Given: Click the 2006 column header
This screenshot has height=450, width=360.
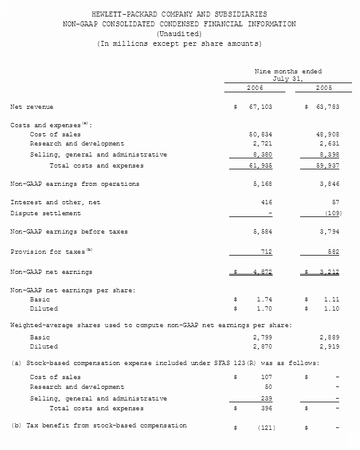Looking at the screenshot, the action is (x=255, y=88).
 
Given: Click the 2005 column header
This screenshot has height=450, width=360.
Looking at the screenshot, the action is (x=324, y=88).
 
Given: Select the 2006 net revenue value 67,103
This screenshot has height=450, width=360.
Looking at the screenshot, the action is (x=259, y=107).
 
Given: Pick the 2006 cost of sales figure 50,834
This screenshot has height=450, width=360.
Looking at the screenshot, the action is (x=259, y=134).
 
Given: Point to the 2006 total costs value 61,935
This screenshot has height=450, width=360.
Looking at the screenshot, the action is (x=259, y=166).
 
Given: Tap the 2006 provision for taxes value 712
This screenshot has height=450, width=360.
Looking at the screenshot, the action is (x=265, y=252).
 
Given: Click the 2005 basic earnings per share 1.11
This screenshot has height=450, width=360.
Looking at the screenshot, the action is (x=332, y=300).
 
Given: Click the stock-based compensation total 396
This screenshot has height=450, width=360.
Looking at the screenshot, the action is (x=265, y=408).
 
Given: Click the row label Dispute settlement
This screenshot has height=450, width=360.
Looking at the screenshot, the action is (x=45, y=213).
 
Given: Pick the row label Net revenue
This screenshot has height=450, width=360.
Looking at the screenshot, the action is (x=32, y=107).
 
